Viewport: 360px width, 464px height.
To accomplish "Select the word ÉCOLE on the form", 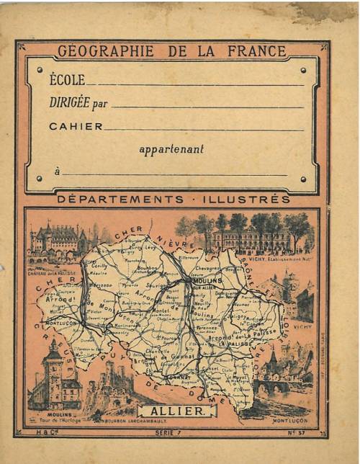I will tap(67, 81).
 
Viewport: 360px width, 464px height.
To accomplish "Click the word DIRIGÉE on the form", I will tap(71, 103).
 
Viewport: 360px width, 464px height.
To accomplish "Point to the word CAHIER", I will tap(76, 127).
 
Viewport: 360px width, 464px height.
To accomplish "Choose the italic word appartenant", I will tap(171, 149).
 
